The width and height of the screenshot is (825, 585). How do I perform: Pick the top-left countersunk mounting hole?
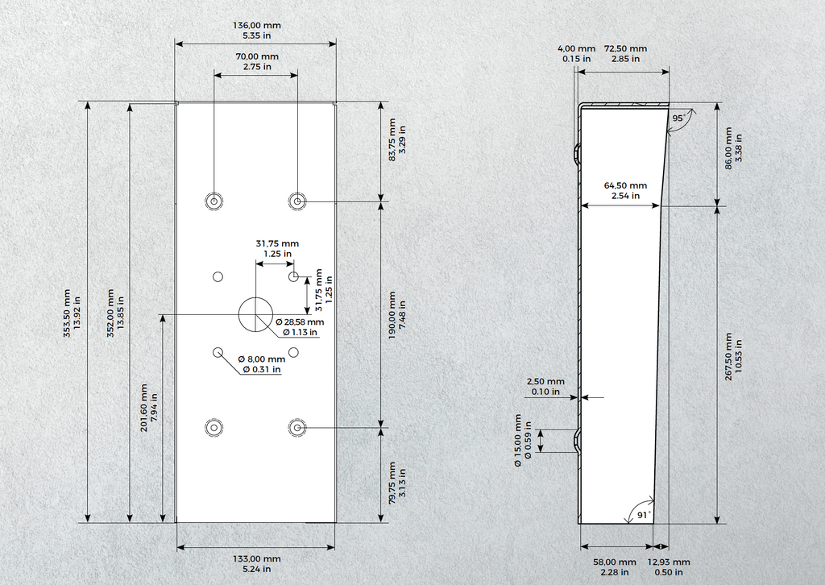click(x=214, y=201)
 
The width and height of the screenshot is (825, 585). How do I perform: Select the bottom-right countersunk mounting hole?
click(x=297, y=428)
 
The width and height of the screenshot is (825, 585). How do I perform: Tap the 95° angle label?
click(x=678, y=118)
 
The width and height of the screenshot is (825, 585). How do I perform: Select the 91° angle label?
click(x=644, y=515)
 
